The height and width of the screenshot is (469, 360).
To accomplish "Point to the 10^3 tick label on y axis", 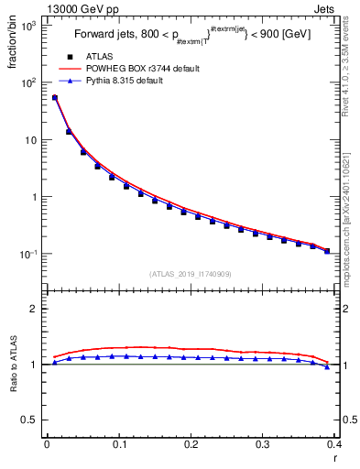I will pyautogui.click(x=28, y=26).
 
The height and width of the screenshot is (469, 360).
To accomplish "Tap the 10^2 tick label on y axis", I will pyautogui.click(x=28, y=83).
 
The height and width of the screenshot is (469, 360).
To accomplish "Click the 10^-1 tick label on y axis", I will pyautogui.click(x=28, y=254).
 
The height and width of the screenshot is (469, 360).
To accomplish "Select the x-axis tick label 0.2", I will pyautogui.click(x=191, y=443).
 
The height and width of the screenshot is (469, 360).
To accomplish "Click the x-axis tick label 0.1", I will pyautogui.click(x=118, y=443).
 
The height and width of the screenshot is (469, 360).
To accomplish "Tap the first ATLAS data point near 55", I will pyautogui.click(x=55, y=97).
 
